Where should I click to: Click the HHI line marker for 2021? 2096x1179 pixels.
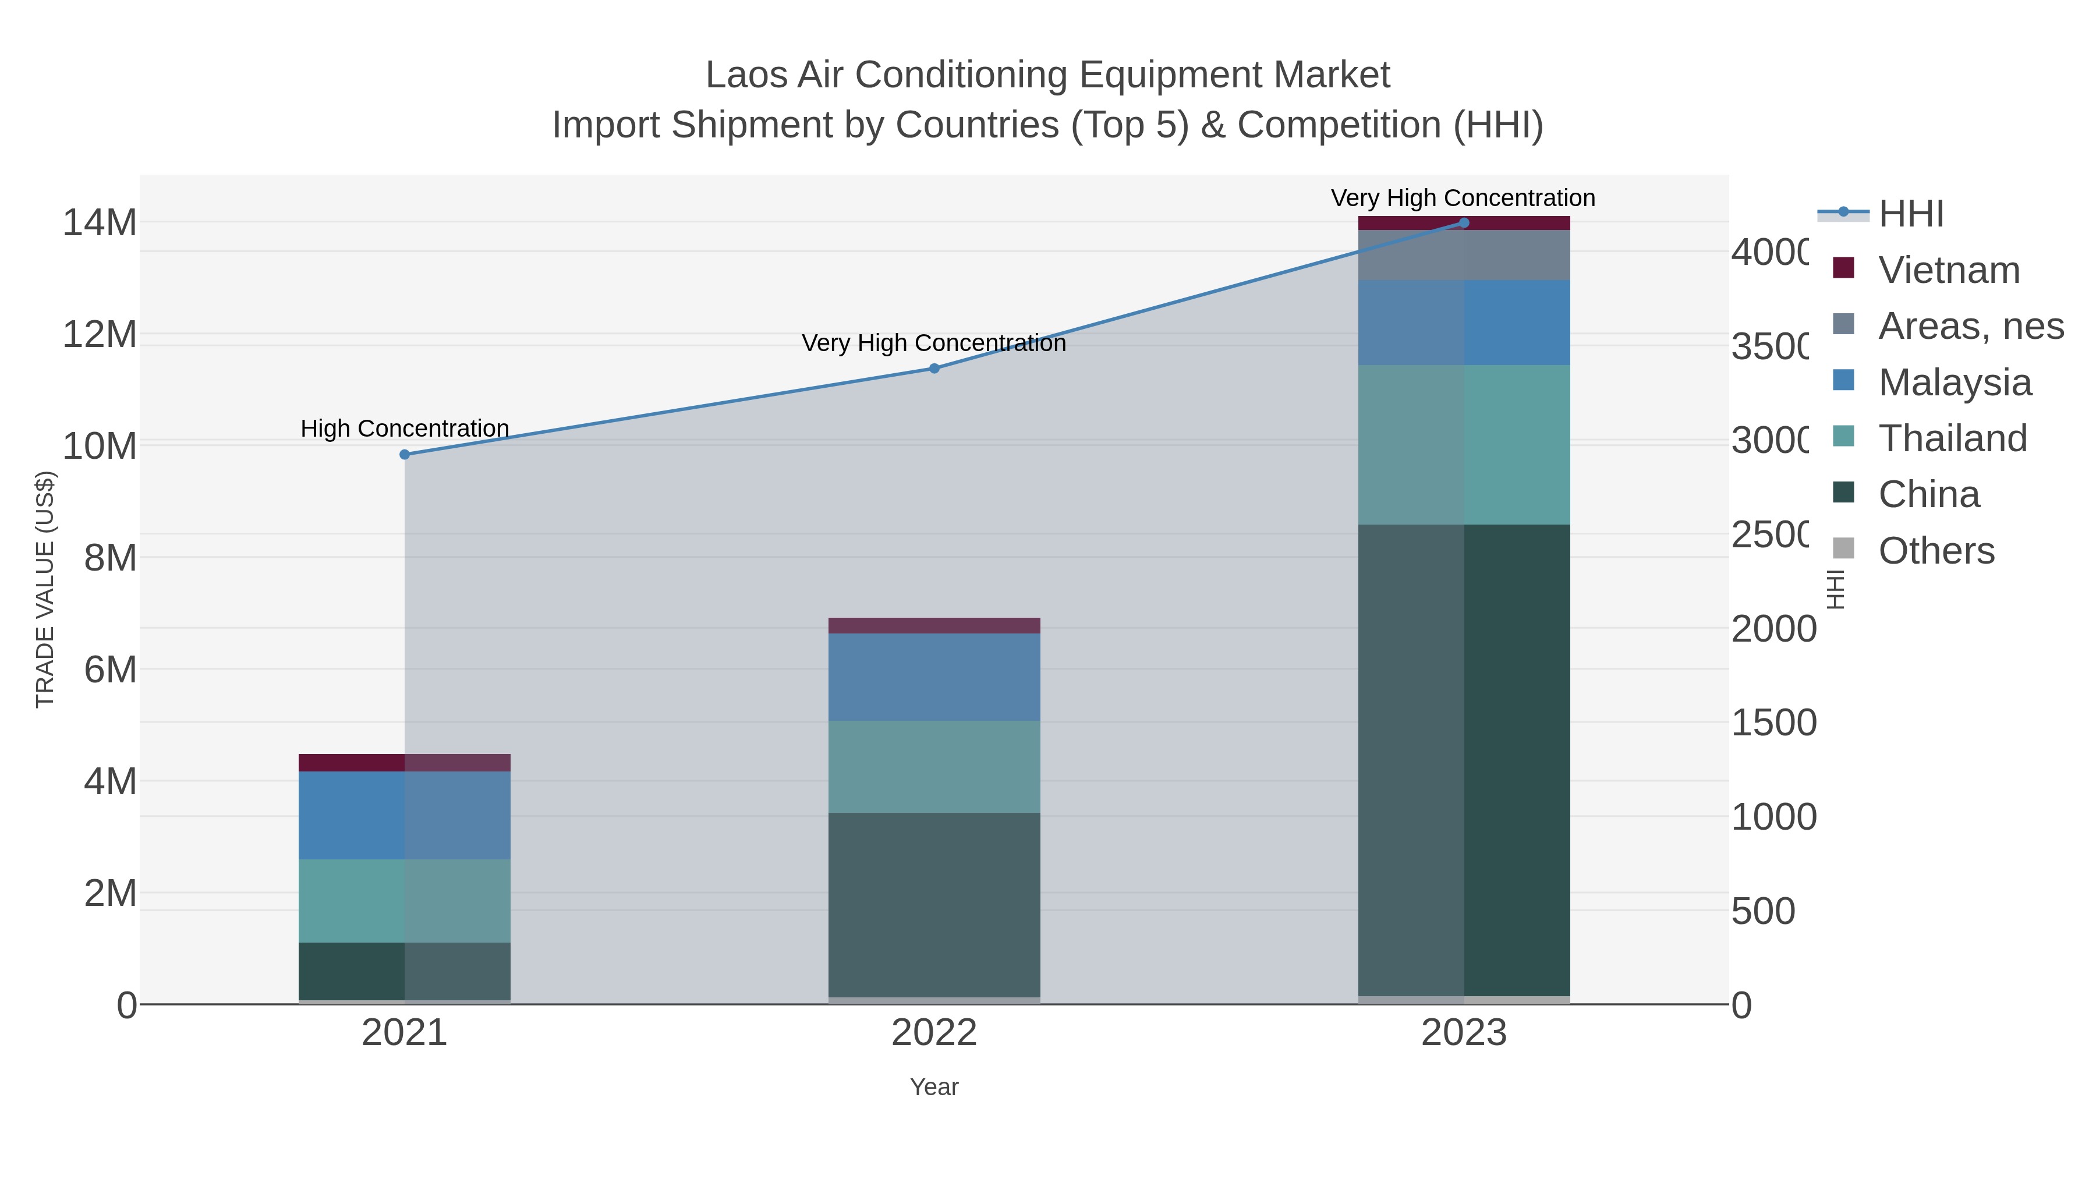pyautogui.click(x=405, y=454)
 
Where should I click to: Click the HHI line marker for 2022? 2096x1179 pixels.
pyautogui.click(x=934, y=368)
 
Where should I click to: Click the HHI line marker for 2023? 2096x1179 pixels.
pyautogui.click(x=1464, y=223)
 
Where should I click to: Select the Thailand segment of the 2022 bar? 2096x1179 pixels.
pyautogui.click(x=934, y=766)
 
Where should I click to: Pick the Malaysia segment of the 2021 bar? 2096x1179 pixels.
pyautogui.click(x=405, y=815)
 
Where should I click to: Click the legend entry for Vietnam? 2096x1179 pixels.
pyautogui.click(x=1949, y=270)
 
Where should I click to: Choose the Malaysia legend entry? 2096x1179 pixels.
pyautogui.click(x=1955, y=383)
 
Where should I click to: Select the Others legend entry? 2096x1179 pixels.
pyautogui.click(x=1936, y=551)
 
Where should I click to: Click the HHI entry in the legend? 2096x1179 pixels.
pyautogui.click(x=1910, y=214)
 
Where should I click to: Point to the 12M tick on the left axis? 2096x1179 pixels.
pyautogui.click(x=99, y=334)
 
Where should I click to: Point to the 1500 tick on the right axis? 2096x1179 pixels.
pyautogui.click(x=1773, y=723)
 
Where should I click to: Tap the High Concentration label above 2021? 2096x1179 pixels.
pyautogui.click(x=405, y=428)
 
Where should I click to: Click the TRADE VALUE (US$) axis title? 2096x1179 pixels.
pyautogui.click(x=45, y=589)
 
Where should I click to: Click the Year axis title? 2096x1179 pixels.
pyautogui.click(x=934, y=1087)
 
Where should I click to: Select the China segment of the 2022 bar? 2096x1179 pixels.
pyautogui.click(x=934, y=904)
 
